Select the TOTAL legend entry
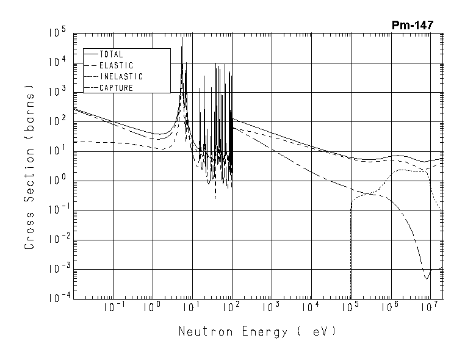111,54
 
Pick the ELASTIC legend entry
116,65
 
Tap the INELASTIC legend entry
121,77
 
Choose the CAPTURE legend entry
116,88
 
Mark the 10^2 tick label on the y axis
59,121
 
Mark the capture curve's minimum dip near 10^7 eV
427,279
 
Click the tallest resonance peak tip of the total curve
182,38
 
